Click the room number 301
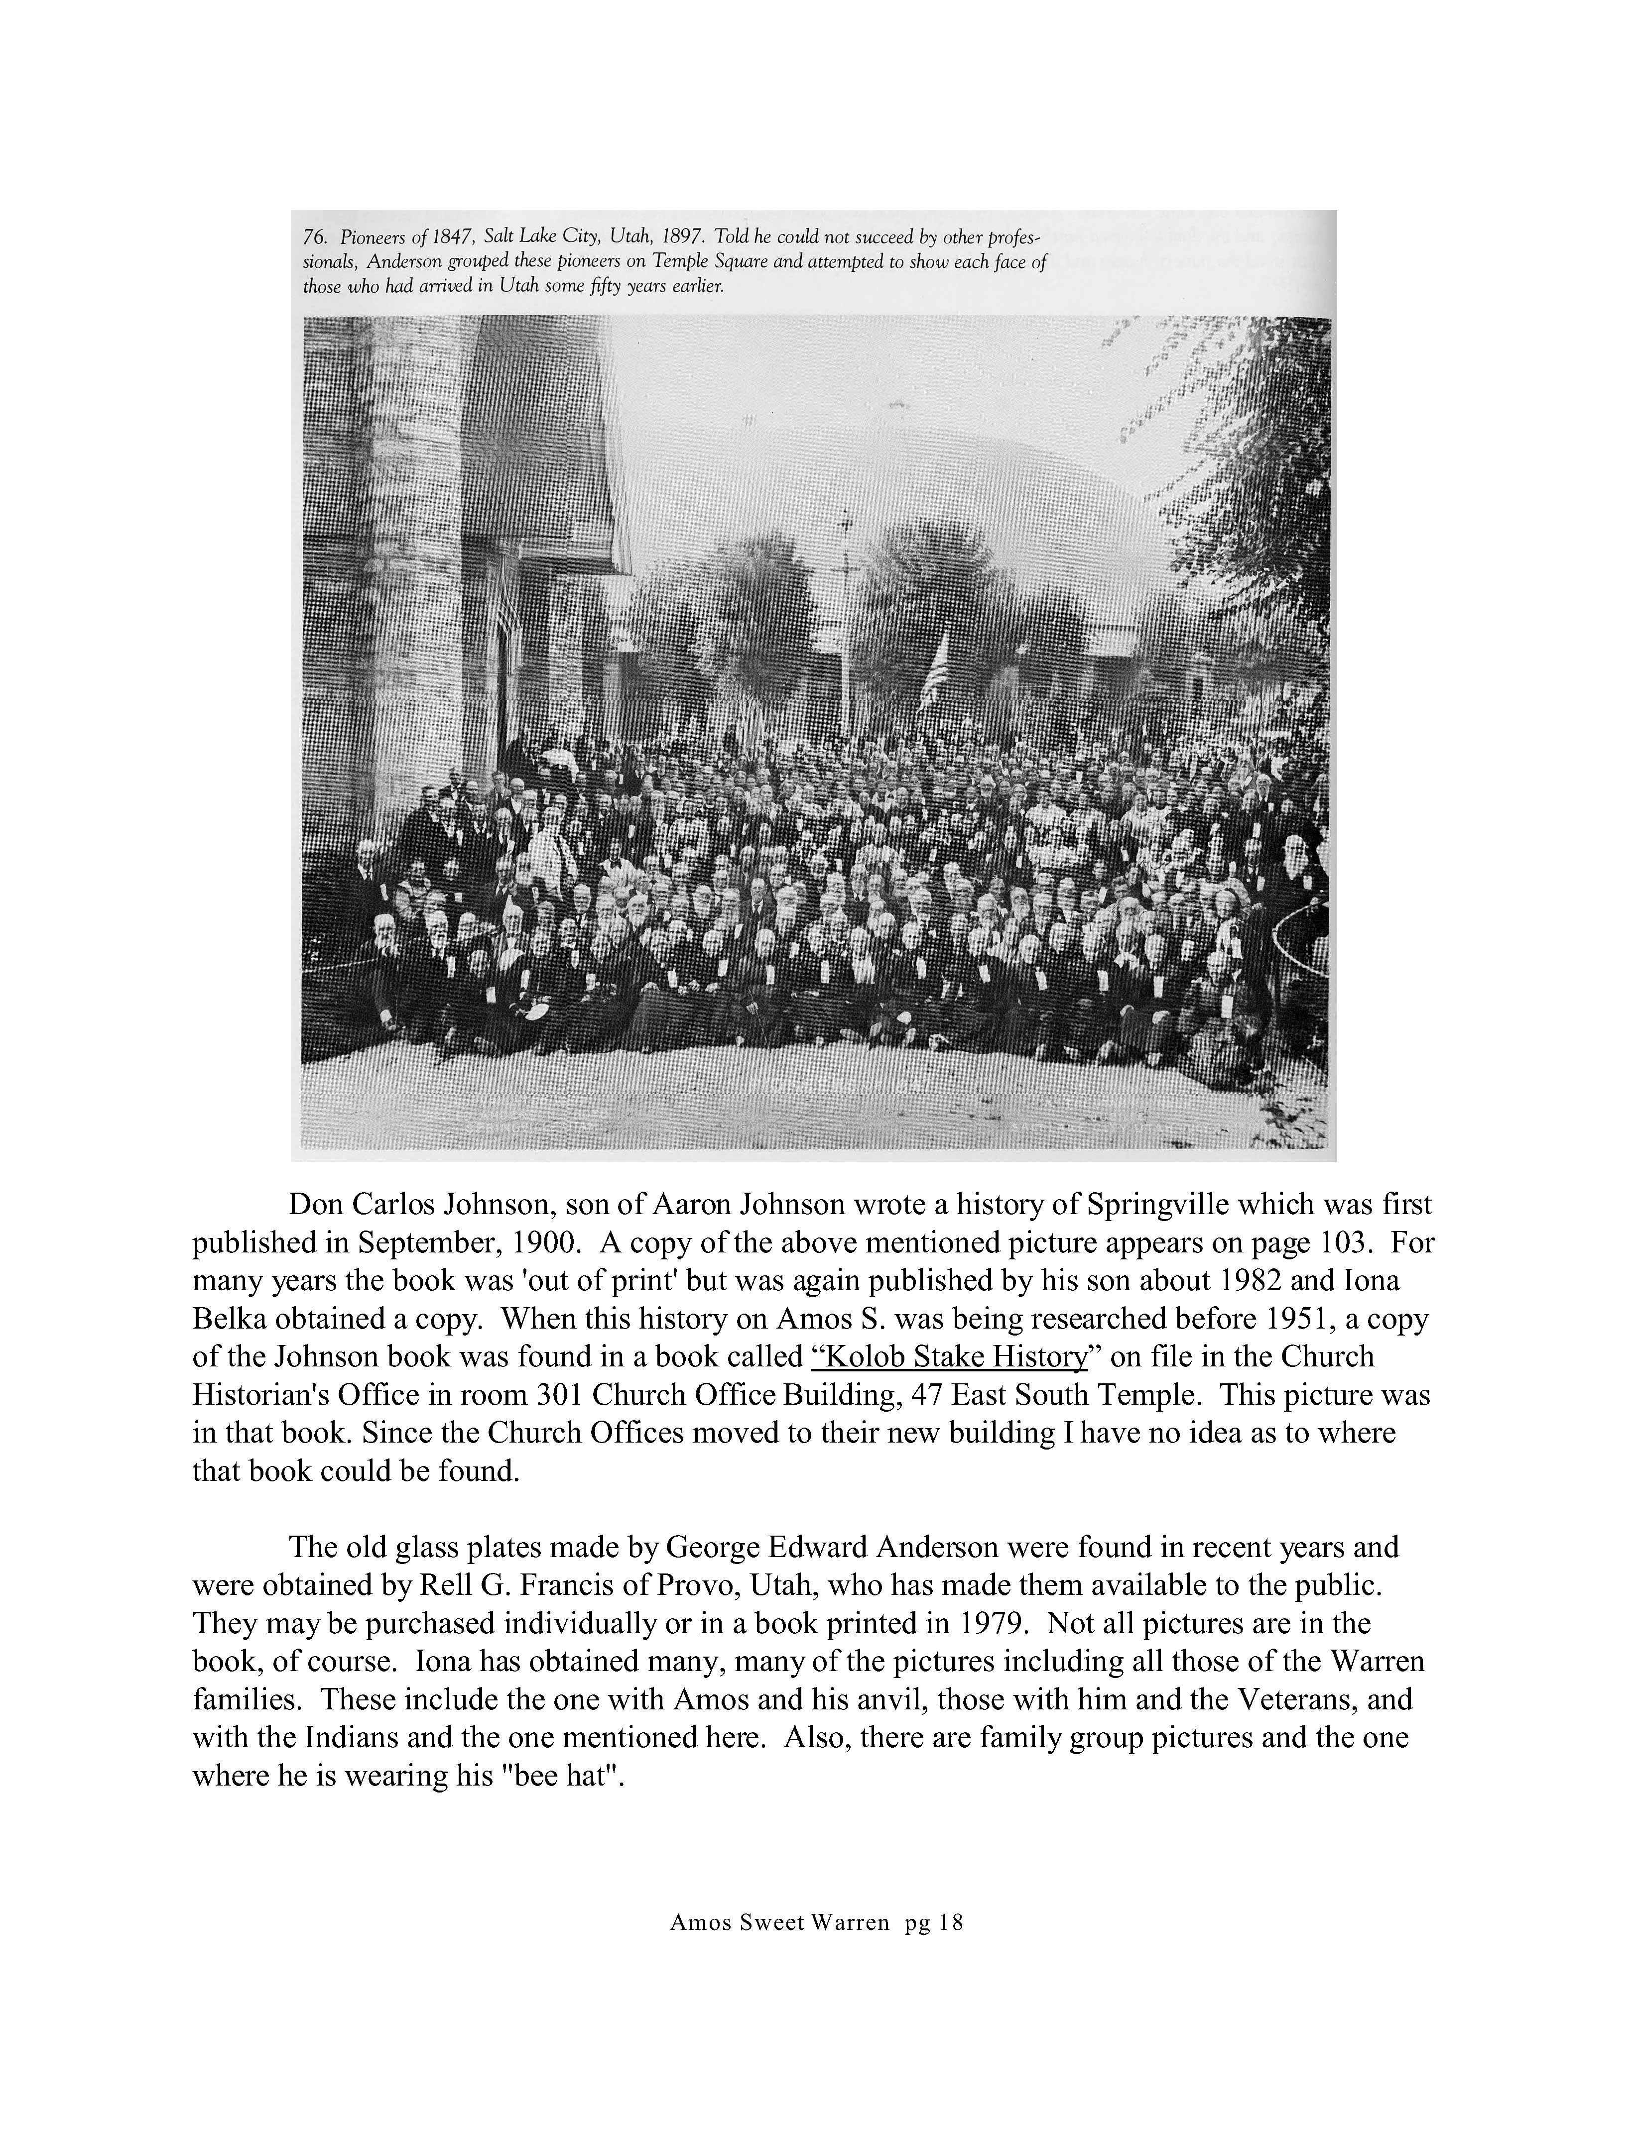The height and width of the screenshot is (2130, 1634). pyautogui.click(x=558, y=1395)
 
